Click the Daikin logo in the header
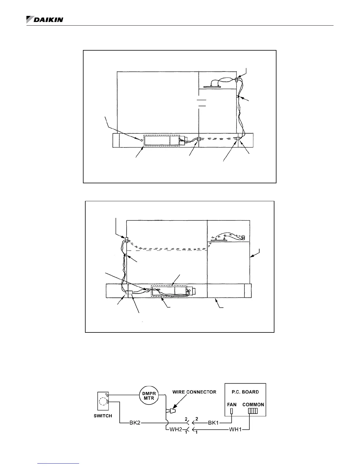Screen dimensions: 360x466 click(x=45, y=19)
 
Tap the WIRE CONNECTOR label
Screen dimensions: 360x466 click(x=194, y=392)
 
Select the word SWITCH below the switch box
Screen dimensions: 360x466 click(x=103, y=416)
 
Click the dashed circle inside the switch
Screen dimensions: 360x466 click(x=103, y=401)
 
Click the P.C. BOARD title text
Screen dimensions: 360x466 click(x=245, y=392)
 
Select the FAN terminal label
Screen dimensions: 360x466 click(x=232, y=405)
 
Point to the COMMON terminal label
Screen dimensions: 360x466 click(x=253, y=405)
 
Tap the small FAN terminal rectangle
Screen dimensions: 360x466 click(x=232, y=411)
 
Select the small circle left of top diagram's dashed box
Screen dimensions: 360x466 click(x=141, y=141)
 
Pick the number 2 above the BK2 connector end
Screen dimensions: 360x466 click(x=186, y=419)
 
